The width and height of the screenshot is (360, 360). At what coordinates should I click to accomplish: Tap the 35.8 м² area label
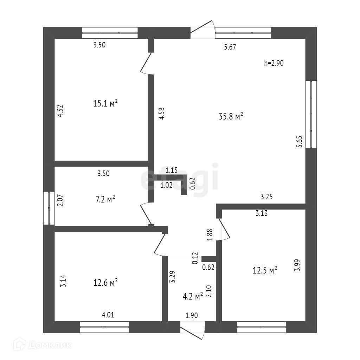(x=231, y=117)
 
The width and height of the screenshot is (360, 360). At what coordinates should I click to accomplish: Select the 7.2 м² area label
(x=106, y=200)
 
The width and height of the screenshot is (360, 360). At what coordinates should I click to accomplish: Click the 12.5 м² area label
(x=265, y=270)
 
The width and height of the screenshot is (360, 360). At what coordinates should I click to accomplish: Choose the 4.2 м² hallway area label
(x=192, y=296)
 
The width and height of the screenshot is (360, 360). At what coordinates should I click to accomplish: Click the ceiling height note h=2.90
(x=274, y=63)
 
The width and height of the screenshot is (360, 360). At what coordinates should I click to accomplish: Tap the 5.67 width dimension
(x=230, y=47)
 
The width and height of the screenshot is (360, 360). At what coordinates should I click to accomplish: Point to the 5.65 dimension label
(x=299, y=143)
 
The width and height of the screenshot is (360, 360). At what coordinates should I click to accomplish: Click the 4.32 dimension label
(x=60, y=110)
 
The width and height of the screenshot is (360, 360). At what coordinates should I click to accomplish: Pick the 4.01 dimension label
(x=108, y=315)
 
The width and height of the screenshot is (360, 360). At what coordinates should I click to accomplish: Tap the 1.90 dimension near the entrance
(x=191, y=315)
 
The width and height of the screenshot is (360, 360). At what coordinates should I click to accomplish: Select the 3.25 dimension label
(x=267, y=197)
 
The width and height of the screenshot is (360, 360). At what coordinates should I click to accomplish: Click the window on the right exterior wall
(x=311, y=114)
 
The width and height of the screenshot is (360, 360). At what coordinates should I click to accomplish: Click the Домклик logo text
(x=49, y=346)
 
